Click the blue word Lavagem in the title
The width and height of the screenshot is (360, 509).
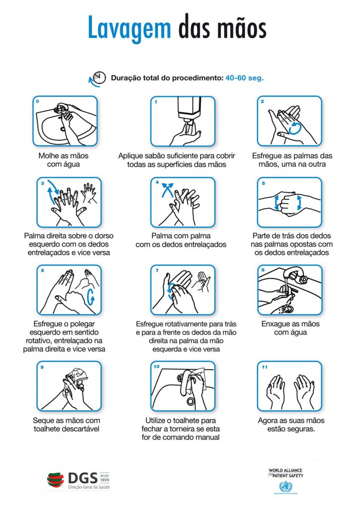129,28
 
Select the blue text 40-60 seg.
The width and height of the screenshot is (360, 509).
245,78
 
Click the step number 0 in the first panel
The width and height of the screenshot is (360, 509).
37,101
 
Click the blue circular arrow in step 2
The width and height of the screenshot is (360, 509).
295,128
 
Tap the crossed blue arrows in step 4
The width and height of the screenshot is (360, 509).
168,190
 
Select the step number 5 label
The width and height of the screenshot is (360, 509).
264,183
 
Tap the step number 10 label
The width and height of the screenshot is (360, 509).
157,367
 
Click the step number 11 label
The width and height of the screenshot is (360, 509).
265,367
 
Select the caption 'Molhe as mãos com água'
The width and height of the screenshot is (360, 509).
64,160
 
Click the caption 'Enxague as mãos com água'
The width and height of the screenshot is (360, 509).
290,328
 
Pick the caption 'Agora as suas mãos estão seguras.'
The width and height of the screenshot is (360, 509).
291,424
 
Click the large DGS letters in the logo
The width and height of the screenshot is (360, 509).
83,478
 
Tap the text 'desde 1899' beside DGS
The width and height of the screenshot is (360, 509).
104,478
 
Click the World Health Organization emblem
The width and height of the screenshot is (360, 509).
285,487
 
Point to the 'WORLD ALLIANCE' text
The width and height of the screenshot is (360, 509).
285,470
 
